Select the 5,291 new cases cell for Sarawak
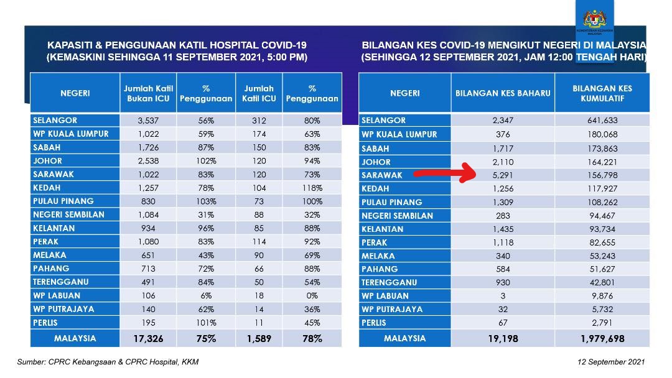pos(503,175)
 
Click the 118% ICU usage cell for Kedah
pos(312,188)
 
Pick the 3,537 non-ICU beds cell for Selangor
pos(147,120)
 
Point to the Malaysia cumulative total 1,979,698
pos(601,339)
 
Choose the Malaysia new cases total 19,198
pos(503,339)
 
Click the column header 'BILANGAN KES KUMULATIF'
pos(602,93)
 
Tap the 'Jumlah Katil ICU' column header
pos(259,93)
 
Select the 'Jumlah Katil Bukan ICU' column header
pos(147,93)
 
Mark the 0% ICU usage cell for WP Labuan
pos(312,295)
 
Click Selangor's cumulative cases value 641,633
pos(601,121)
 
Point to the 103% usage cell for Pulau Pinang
pos(205,201)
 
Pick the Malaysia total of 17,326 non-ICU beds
pos(147,339)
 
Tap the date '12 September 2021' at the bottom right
pos(611,362)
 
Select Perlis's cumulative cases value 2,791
pos(601,323)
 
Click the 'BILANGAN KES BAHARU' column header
pos(503,93)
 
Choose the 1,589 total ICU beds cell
pos(259,339)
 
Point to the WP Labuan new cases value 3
pos(503,296)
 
